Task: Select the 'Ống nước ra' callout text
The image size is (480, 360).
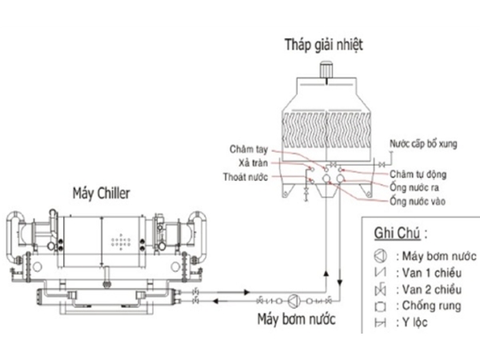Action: coord(413,186)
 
